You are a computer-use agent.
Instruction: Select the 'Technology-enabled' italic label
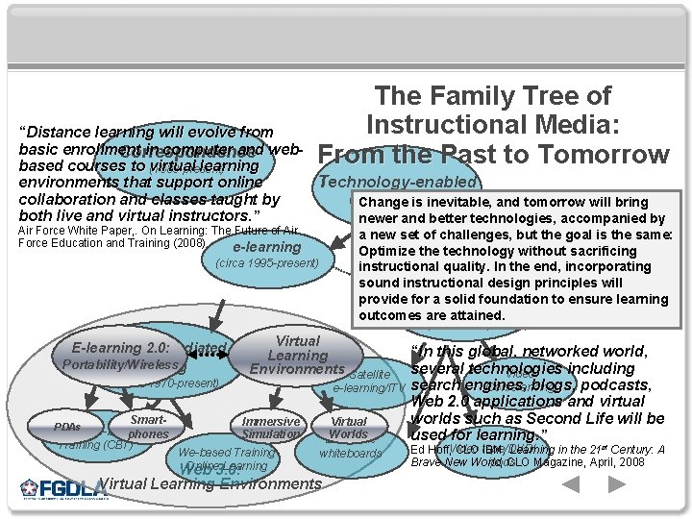(397, 182)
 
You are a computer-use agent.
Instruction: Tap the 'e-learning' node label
(266, 247)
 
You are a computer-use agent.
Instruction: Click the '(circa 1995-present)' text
(268, 262)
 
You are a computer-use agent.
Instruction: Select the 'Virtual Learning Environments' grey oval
(297, 355)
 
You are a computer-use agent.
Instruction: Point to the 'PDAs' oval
(67, 426)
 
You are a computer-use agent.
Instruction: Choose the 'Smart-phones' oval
(148, 427)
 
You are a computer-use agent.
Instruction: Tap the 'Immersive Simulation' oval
(271, 428)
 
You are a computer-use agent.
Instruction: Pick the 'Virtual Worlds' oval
(349, 428)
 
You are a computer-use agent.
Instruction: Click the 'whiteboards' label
(350, 453)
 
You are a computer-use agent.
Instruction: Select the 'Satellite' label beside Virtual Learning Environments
(370, 374)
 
